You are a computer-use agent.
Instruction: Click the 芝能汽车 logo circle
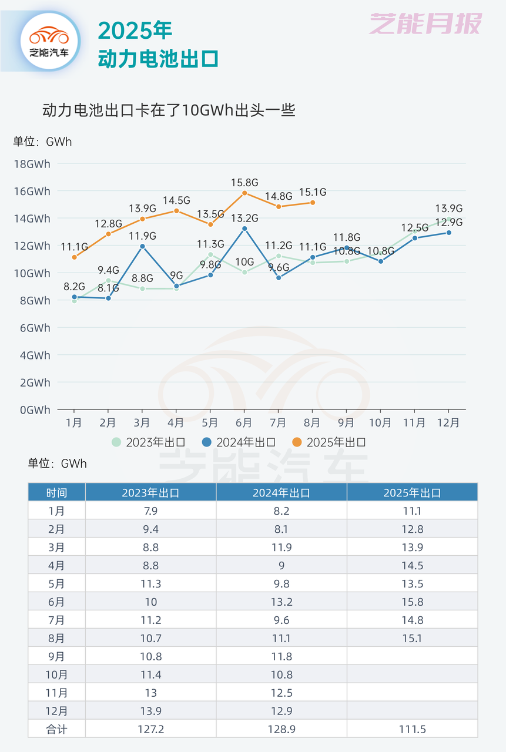[49, 41]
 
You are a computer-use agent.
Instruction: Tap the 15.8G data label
[244, 182]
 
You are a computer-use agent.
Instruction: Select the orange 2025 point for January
[74, 257]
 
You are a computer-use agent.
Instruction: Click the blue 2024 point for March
[142, 246]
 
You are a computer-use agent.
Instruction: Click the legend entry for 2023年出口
[149, 442]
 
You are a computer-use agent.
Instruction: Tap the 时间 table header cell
[56, 492]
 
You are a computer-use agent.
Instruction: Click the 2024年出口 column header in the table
[282, 492]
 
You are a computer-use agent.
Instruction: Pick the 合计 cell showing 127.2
[150, 729]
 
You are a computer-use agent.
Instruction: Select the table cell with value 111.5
[412, 729]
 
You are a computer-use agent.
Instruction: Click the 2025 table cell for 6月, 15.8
[412, 602]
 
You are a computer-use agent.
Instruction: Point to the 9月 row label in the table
[56, 656]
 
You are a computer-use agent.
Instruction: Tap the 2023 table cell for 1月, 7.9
[150, 511]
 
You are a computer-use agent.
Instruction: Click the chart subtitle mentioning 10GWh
[169, 110]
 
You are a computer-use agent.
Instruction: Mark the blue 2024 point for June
[244, 228]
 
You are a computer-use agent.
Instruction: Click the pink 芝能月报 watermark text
[425, 24]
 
